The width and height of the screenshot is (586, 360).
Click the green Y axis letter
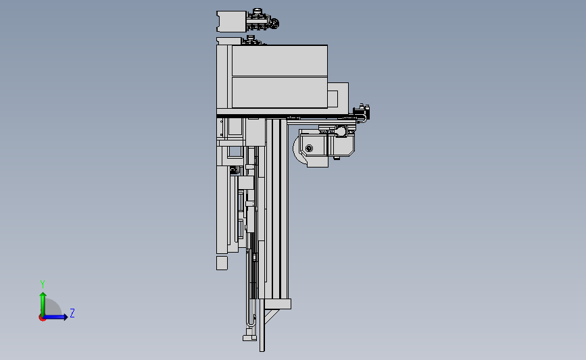(x=42, y=284)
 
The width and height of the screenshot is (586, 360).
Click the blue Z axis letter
(x=72, y=313)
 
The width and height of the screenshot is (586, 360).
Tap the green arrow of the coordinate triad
(x=43, y=301)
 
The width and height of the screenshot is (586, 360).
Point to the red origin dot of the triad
(x=42, y=317)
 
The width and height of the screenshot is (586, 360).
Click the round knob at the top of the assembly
(x=274, y=24)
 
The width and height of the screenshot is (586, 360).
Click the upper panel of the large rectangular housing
(x=279, y=61)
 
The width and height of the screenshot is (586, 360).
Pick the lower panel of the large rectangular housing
(x=279, y=93)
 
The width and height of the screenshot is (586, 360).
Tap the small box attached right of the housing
(x=338, y=96)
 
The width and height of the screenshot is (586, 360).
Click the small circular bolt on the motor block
(x=309, y=148)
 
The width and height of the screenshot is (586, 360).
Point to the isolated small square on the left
(x=222, y=263)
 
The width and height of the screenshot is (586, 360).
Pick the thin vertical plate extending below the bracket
(x=262, y=334)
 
